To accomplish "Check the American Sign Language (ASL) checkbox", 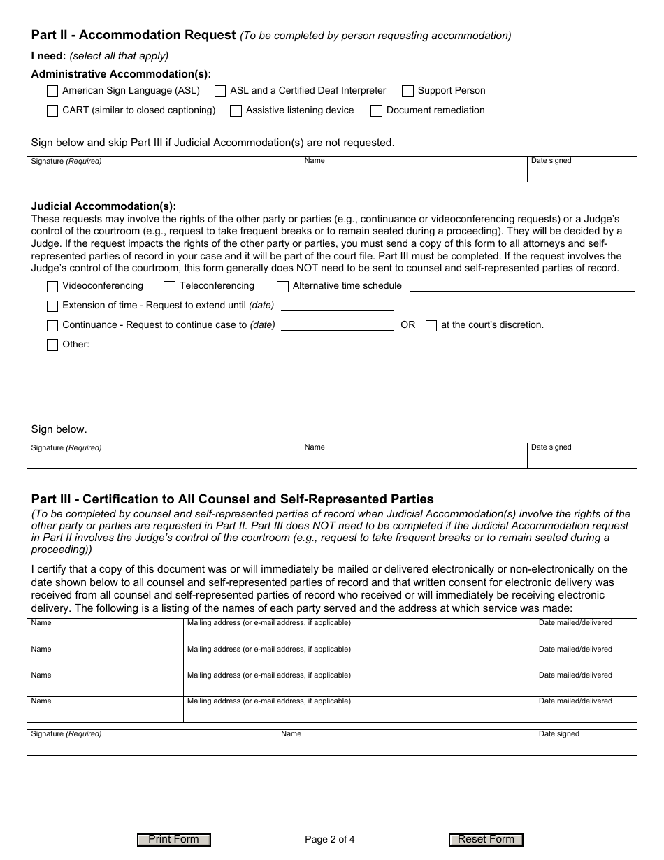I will (x=52, y=91).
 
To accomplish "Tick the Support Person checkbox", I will (x=408, y=91).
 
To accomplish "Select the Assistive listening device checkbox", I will (x=236, y=110).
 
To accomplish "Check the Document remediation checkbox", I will (x=377, y=110).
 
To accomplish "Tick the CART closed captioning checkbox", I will (x=52, y=110).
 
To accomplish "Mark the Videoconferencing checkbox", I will (x=52, y=287).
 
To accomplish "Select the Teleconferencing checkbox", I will (x=170, y=287).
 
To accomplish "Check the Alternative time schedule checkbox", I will (x=283, y=287).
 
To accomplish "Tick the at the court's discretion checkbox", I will (x=431, y=326).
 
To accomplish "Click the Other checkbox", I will (x=52, y=345).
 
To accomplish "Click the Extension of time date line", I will (x=337, y=306).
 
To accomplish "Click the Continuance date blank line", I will (x=337, y=325).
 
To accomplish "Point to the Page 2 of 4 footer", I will (x=330, y=840).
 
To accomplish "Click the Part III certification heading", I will (x=232, y=499).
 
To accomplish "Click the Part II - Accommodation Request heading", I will (x=133, y=35).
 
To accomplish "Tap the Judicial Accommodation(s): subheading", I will (x=103, y=206).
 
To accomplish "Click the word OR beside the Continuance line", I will (x=408, y=325).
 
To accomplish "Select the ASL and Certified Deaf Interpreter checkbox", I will (x=220, y=91).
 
